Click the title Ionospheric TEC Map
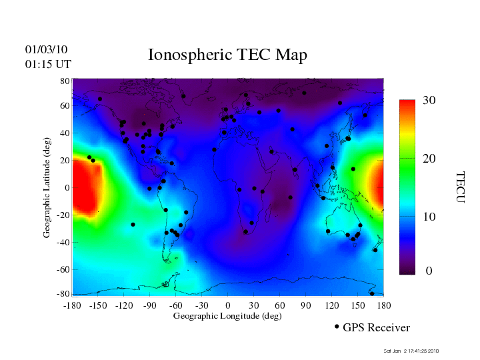[227, 55]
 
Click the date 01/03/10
[47, 49]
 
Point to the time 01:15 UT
[48, 64]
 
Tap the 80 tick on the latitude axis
[65, 81]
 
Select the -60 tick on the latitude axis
[63, 270]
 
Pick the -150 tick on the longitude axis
[98, 305]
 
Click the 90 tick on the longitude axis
[306, 305]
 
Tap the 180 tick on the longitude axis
[384, 305]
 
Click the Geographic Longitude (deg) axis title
[227, 316]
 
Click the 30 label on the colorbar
[429, 101]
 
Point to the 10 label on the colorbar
[429, 217]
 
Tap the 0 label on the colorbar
[429, 271]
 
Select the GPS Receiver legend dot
[337, 327]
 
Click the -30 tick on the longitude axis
[201, 305]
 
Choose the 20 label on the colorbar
[429, 159]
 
